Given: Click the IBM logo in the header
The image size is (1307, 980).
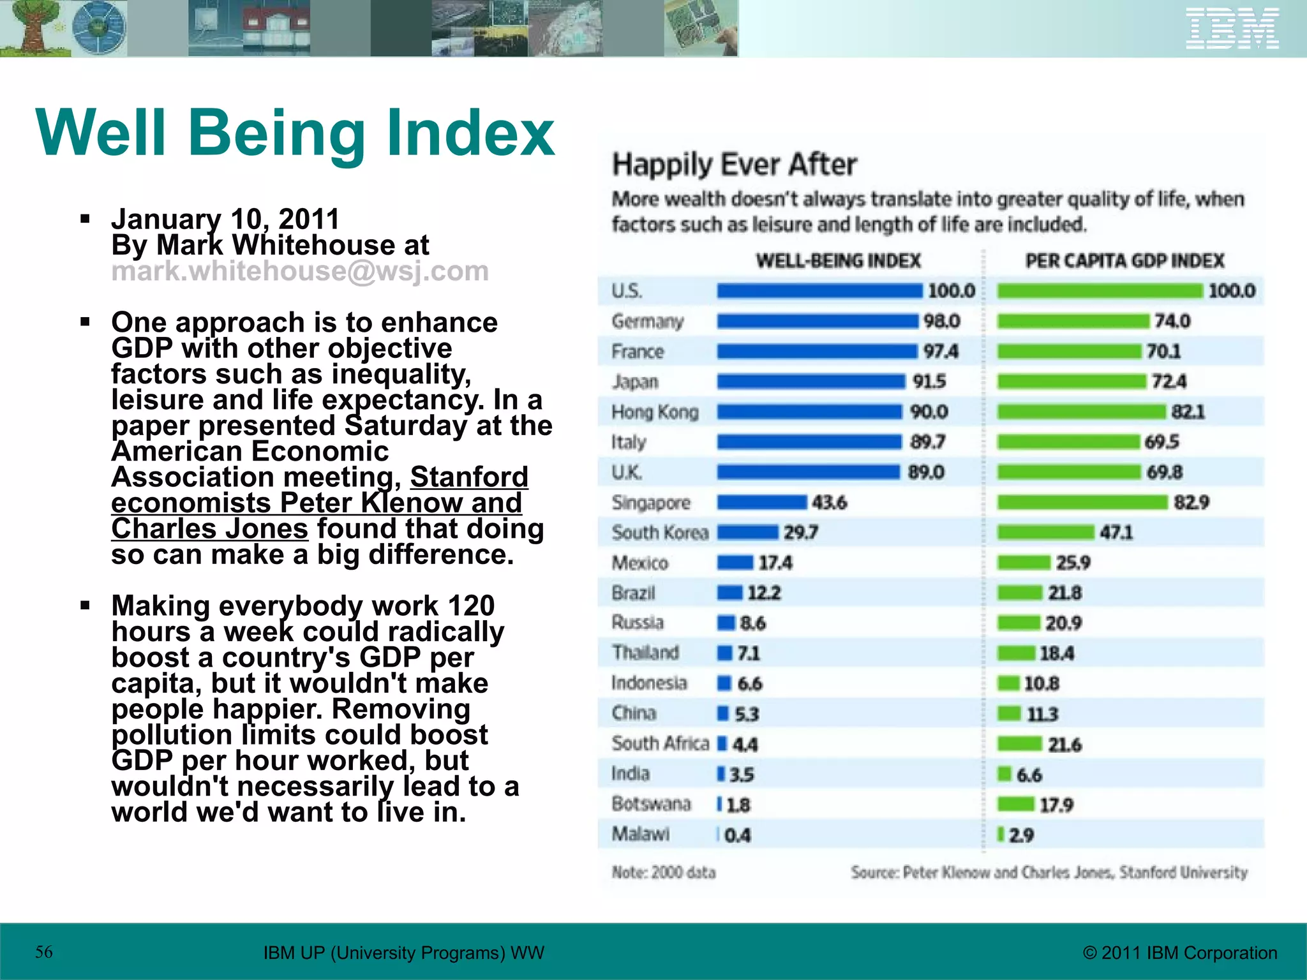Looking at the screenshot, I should pyautogui.click(x=1232, y=28).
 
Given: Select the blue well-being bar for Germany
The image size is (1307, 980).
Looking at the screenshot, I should pyautogui.click(x=817, y=321).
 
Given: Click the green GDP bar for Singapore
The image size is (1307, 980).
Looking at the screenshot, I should pyautogui.click(x=1082, y=503).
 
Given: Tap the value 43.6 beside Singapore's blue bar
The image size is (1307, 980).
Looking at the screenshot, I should pyautogui.click(x=829, y=503).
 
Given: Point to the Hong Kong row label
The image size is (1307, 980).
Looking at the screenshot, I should pyautogui.click(x=655, y=412).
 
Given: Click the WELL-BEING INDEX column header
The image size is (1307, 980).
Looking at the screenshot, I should pyautogui.click(x=838, y=261).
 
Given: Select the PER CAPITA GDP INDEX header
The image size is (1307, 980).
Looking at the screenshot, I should pyautogui.click(x=1124, y=261).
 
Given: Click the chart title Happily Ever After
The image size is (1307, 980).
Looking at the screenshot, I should pyautogui.click(x=734, y=165).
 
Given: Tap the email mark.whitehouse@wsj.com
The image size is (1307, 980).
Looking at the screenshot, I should pyautogui.click(x=300, y=271).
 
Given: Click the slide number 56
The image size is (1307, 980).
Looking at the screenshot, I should pyautogui.click(x=44, y=952).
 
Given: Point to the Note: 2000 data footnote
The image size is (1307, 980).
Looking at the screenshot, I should pyautogui.click(x=664, y=872).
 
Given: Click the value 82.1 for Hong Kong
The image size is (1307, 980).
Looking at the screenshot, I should pyautogui.click(x=1188, y=412).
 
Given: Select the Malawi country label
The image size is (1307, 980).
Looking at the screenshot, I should pyautogui.click(x=641, y=834).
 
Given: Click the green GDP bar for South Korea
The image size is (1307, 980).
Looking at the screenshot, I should pyautogui.click(x=1045, y=533).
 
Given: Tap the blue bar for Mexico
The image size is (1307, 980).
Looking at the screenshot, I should pyautogui.click(x=735, y=563).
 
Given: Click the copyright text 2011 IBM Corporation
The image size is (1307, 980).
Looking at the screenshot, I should pyautogui.click(x=1180, y=953).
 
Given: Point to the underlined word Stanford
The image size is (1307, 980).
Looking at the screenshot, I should pyautogui.click(x=469, y=477).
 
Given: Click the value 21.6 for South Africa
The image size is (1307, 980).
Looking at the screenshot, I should pyautogui.click(x=1064, y=745).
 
